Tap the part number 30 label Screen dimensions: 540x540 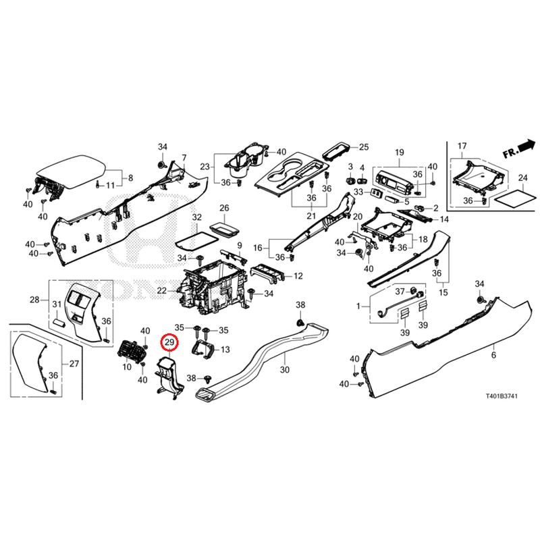point(284,371)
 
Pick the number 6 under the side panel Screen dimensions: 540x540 point(493,355)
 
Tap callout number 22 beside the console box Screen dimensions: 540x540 point(162,290)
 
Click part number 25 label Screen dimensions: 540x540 point(364,147)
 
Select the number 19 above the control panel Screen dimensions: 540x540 point(399,152)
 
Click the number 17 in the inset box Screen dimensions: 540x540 point(462,146)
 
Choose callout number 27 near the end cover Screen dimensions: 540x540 point(74,364)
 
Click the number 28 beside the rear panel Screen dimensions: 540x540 point(34,299)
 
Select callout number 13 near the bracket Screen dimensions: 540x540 point(225,349)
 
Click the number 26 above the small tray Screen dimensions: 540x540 point(224,208)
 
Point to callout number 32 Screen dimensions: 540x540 point(196,217)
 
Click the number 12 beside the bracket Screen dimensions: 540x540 point(298,275)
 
